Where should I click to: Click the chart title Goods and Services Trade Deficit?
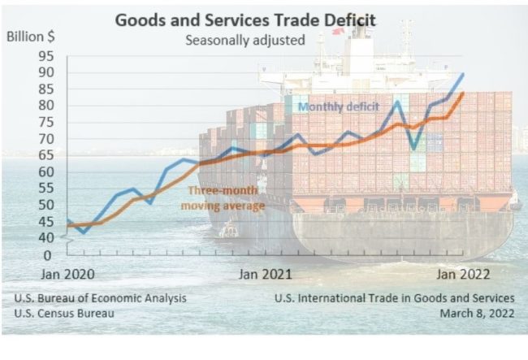256,19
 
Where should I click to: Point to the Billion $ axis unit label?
32,37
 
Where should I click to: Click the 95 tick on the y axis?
45,56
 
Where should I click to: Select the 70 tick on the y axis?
45,139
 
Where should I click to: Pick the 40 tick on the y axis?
45,238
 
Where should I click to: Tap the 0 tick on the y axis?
47,255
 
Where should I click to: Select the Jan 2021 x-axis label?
264,274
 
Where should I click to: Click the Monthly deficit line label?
338,106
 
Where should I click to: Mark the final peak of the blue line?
463,74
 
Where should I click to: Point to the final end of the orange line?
463,93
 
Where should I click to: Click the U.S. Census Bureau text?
63,313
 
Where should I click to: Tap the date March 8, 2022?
477,313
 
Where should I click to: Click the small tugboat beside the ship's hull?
228,230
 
